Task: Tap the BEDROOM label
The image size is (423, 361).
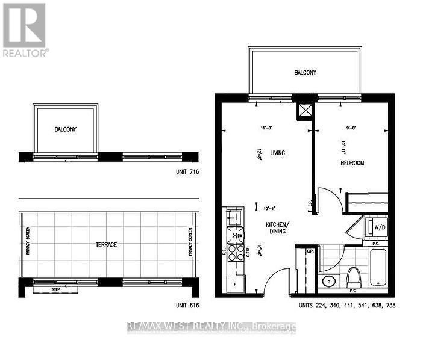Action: [x=352, y=162]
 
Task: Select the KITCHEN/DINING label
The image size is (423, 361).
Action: [x=278, y=227]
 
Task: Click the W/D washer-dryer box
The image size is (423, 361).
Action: [x=380, y=228]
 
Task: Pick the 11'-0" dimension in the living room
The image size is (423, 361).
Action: [x=267, y=128]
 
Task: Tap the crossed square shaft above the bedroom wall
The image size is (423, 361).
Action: [x=305, y=111]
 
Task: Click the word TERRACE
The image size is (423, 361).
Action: [x=105, y=245]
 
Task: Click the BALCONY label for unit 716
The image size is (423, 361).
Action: [x=65, y=129]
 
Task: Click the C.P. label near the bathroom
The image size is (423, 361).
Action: [x=311, y=251]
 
